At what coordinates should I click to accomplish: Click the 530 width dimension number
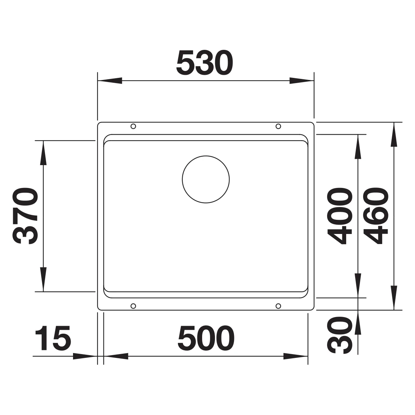click(x=205, y=63)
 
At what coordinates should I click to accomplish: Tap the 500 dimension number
click(x=206, y=338)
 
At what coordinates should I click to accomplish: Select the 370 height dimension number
click(x=25, y=216)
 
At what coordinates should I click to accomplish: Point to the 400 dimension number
click(x=340, y=216)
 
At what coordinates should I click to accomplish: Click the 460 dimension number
click(x=376, y=216)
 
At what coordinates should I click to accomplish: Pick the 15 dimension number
click(x=53, y=338)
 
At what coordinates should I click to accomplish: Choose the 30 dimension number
click(x=340, y=335)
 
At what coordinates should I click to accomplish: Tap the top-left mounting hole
click(x=133, y=126)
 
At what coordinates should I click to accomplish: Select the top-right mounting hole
click(x=278, y=126)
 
